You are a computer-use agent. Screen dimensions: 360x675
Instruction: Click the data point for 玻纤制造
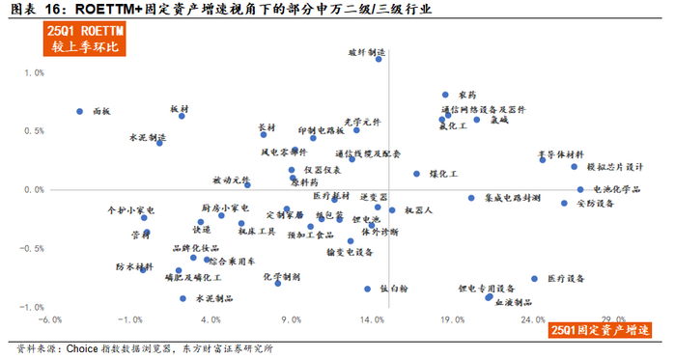click(379, 59)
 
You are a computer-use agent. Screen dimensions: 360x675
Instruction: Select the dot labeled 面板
click(80, 112)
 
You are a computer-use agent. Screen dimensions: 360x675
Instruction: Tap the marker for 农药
click(445, 95)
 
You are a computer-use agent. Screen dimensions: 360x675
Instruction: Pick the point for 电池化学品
click(580, 190)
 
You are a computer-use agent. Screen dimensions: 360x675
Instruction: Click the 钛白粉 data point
click(368, 289)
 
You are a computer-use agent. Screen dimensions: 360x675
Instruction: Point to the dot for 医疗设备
click(534, 279)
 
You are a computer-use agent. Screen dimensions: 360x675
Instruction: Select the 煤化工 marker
click(417, 175)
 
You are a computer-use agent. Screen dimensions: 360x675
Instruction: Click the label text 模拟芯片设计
click(615, 166)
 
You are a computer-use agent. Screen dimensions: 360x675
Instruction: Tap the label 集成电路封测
click(512, 197)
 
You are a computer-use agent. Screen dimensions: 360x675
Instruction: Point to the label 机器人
click(419, 208)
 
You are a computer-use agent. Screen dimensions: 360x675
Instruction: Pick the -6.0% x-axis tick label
click(49, 319)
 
